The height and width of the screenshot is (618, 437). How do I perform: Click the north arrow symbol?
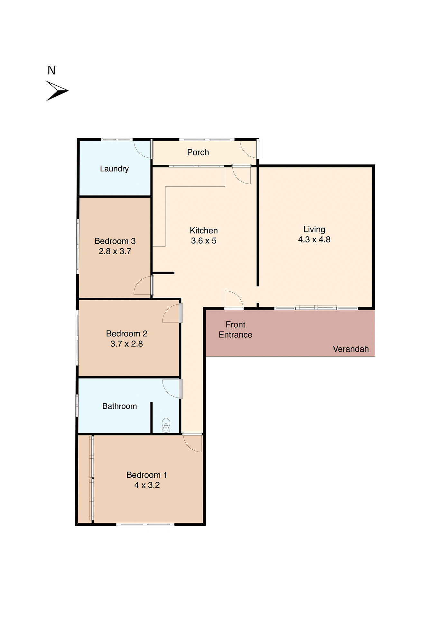click(x=57, y=91)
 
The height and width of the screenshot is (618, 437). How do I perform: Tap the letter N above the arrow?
click(x=51, y=70)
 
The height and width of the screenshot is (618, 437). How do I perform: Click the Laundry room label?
click(x=114, y=169)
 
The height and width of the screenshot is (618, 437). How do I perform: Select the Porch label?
click(x=198, y=152)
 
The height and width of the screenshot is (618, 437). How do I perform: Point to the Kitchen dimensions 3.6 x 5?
click(x=204, y=241)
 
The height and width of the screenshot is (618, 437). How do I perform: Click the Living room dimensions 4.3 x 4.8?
click(x=314, y=239)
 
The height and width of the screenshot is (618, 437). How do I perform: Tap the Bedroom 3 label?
click(x=115, y=241)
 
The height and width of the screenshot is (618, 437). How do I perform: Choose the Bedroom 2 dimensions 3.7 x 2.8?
click(x=126, y=344)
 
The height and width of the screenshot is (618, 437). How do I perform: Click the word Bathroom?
click(x=119, y=406)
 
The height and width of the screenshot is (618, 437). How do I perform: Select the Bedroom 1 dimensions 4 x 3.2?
click(x=147, y=485)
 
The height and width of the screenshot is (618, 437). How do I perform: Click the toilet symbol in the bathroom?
click(x=166, y=425)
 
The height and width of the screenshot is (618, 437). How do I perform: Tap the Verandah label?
click(x=351, y=349)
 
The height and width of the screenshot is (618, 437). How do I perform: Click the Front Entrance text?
click(x=235, y=330)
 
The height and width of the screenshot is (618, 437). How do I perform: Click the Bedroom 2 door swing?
click(x=172, y=314)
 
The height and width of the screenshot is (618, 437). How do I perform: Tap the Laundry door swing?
click(x=143, y=149)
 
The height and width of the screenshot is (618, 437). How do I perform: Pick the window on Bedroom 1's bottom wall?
click(x=145, y=524)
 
